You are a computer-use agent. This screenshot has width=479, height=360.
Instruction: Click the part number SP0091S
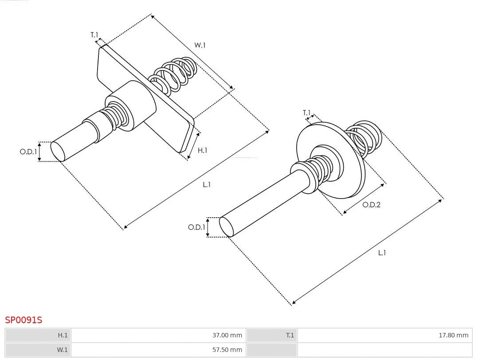pos(24,320)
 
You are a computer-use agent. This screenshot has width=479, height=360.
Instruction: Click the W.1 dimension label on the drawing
pos(200,45)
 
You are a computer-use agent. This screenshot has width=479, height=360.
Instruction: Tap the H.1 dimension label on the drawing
pos(202,150)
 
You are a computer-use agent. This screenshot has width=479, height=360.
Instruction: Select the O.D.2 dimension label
pos(371,205)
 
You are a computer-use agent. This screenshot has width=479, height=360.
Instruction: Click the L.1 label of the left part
pos(207,184)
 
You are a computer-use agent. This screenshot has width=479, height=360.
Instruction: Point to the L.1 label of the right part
pos(382,253)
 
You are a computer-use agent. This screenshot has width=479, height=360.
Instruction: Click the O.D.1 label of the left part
pos(28,152)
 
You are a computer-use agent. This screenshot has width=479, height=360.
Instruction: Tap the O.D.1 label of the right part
pos(196,227)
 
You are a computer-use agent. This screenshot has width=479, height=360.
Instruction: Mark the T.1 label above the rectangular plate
pos(94,35)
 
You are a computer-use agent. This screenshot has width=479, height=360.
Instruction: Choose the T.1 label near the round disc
pos(306,113)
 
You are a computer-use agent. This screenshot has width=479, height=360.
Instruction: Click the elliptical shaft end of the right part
pos(226,227)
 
